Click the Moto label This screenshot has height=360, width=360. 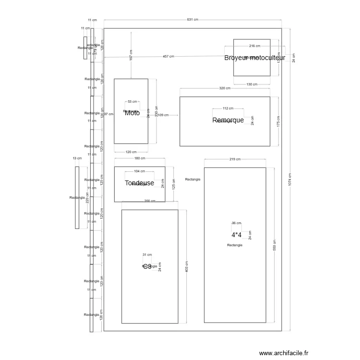coord(132,113)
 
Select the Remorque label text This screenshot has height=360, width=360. coord(228,120)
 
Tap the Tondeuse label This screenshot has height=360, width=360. coord(139,183)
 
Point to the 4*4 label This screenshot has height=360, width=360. coord(237,235)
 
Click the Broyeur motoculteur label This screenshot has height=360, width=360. coord(254,58)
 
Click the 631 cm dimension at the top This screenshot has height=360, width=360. coord(192,20)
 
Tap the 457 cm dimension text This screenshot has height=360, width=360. coord(168,57)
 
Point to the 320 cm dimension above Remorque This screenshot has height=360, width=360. coord(225,88)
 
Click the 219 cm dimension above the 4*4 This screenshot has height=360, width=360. coord(235,159)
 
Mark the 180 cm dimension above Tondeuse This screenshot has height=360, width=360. coord(140,159)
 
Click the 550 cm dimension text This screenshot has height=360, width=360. coord(274,245)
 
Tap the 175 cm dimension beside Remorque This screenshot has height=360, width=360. coord(278,121)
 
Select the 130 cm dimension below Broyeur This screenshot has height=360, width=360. coord(252,84)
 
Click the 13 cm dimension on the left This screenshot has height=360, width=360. coord(77,158)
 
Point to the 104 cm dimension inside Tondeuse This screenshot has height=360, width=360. coord(139,171)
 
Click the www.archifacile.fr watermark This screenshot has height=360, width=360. coord(284,353)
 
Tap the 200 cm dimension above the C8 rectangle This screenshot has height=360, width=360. coord(150,201)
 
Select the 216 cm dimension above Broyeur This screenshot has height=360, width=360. coord(254,46)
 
